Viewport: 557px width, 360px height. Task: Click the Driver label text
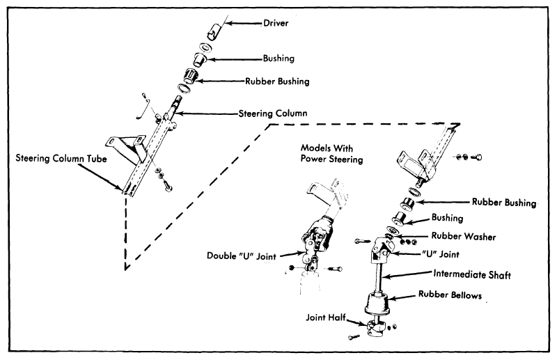(276, 23)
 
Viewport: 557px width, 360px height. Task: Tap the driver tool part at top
(214, 31)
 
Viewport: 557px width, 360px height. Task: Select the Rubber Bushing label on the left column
(277, 81)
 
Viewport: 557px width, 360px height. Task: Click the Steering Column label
(273, 114)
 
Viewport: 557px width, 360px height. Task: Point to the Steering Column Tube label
(61, 158)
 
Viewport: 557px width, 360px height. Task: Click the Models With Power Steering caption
(332, 153)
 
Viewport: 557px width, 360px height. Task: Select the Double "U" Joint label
(241, 256)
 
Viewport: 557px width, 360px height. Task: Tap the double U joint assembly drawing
(316, 242)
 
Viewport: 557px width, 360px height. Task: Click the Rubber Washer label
(464, 236)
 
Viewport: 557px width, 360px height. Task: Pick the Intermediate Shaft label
(472, 274)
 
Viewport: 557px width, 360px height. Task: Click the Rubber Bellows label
(450, 295)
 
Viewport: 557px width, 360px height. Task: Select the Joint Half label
(326, 317)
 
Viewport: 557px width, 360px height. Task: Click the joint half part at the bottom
(376, 327)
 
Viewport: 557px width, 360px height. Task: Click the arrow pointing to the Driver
(244, 24)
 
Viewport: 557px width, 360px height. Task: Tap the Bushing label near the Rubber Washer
(447, 217)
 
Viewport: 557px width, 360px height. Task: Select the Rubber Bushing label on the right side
(504, 202)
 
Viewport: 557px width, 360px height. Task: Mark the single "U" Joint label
(440, 254)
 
